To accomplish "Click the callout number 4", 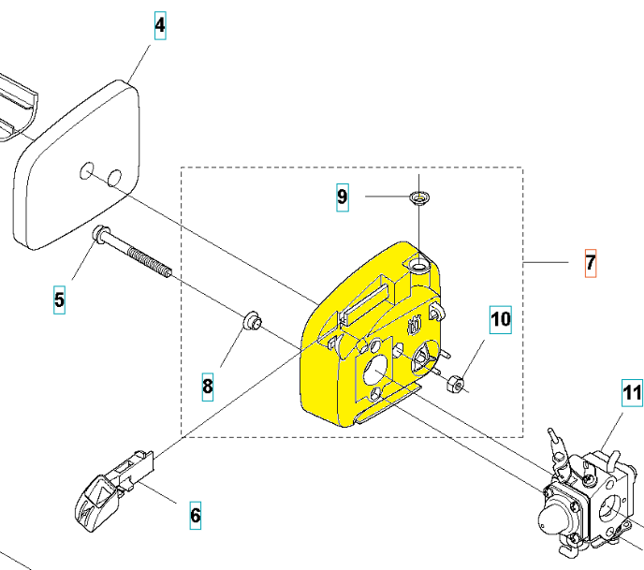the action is tap(160, 25).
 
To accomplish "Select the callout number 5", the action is tap(59, 300).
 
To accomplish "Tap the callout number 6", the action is tap(196, 516).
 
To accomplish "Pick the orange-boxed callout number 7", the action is tap(591, 263).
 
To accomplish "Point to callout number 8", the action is tap(208, 387).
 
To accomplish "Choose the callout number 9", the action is tap(343, 197).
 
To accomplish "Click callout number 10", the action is tap(501, 319).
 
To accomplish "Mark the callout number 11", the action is tap(632, 392).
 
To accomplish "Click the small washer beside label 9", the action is tap(419, 198).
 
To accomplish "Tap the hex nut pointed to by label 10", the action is tap(455, 383).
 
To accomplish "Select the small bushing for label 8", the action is tap(252, 320).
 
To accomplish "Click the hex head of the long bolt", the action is tap(99, 233).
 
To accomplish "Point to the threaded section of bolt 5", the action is tap(149, 261).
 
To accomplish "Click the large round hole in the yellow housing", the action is tap(375, 371).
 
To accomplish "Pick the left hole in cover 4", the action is tap(87, 171).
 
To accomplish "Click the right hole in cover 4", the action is tap(114, 178).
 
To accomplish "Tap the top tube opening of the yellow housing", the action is tap(418, 268).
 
